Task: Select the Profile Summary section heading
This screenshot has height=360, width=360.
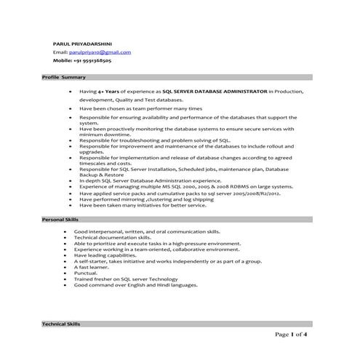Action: [64, 77]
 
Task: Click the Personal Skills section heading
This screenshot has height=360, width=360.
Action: [62, 219]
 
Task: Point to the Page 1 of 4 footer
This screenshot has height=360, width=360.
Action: [292, 335]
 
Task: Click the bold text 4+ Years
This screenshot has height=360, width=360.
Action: [111, 92]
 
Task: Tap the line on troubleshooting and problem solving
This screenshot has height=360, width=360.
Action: [155, 140]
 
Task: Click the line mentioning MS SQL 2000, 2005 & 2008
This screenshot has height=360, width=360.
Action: [186, 187]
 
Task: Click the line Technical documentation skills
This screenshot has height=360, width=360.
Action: [113, 237]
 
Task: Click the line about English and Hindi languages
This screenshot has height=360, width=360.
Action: [136, 286]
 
